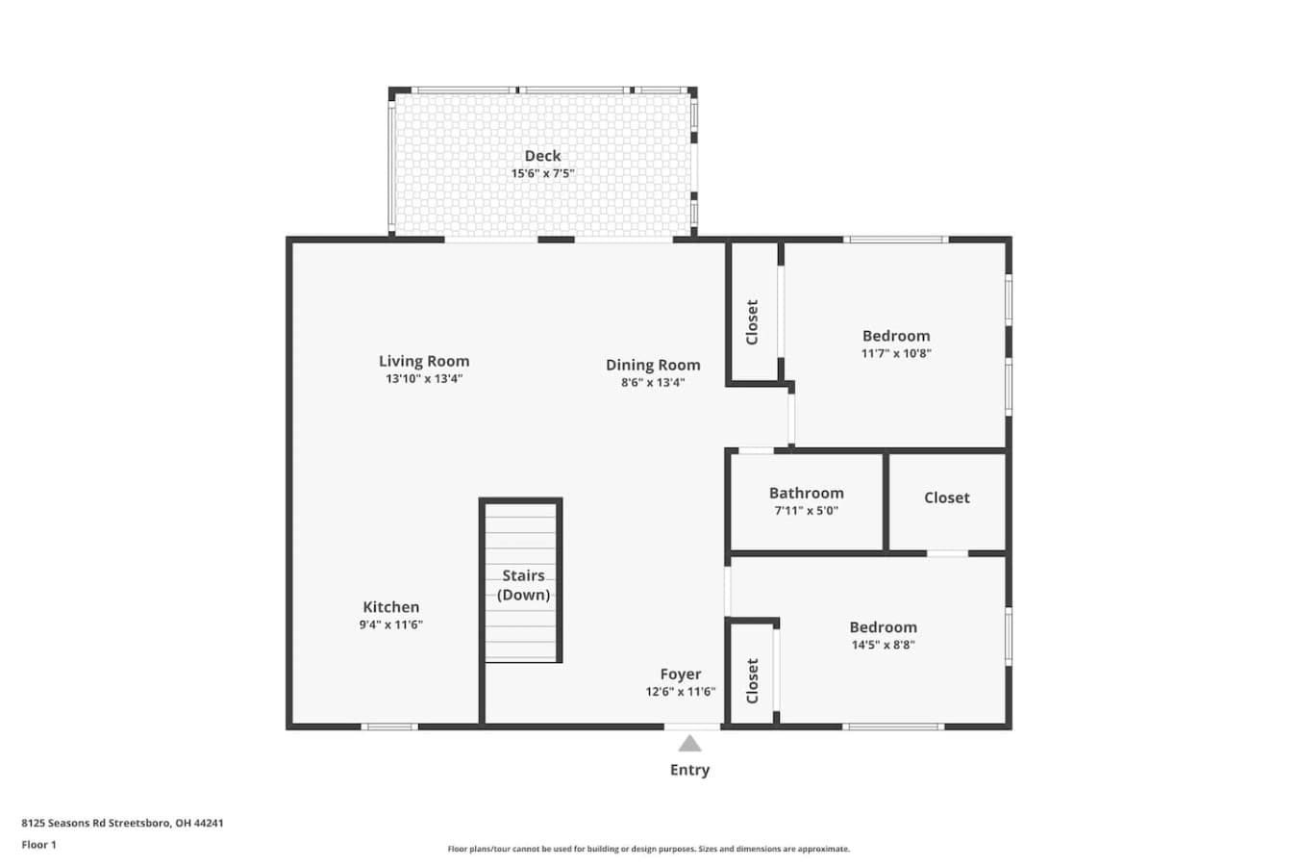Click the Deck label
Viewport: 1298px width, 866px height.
pos(542,156)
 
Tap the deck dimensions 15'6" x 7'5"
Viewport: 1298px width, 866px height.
pos(542,173)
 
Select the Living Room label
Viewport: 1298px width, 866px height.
pos(424,361)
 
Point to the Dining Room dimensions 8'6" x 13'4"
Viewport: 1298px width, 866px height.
pos(653,382)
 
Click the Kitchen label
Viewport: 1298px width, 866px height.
pos(391,607)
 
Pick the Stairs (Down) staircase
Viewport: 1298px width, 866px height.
pos(520,580)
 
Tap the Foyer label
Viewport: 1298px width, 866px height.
pos(681,674)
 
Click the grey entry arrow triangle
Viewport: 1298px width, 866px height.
pos(689,744)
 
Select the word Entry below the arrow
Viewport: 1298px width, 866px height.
pos(689,770)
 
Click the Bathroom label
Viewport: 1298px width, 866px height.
pos(806,493)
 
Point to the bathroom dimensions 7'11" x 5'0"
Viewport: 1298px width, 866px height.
pos(806,510)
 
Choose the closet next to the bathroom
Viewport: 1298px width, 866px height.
pos(947,501)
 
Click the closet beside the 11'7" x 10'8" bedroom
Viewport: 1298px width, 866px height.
pos(752,312)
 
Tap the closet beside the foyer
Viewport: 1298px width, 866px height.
pos(752,675)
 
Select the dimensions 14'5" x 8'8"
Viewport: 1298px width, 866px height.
pos(883,645)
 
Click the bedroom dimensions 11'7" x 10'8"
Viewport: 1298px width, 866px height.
pos(896,353)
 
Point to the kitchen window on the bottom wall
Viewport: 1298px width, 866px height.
pos(389,726)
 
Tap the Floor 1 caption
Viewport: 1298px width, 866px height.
pos(38,845)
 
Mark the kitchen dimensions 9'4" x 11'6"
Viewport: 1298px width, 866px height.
pos(391,624)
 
